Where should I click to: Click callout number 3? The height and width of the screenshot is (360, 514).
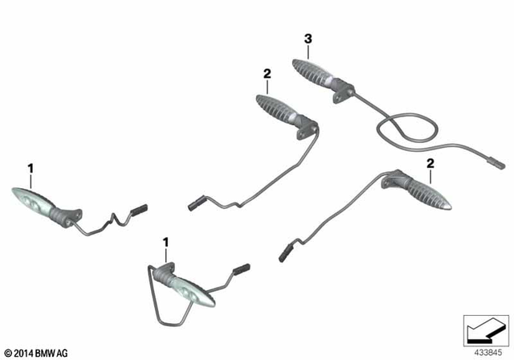click(307, 39)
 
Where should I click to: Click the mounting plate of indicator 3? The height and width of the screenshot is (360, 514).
click(345, 90)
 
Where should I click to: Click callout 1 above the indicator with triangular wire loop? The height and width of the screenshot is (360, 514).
click(166, 242)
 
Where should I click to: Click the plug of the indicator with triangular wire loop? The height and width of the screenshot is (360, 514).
click(242, 268)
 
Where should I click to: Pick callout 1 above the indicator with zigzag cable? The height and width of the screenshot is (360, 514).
click(31, 168)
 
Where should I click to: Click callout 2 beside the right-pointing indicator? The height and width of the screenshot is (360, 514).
click(430, 164)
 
